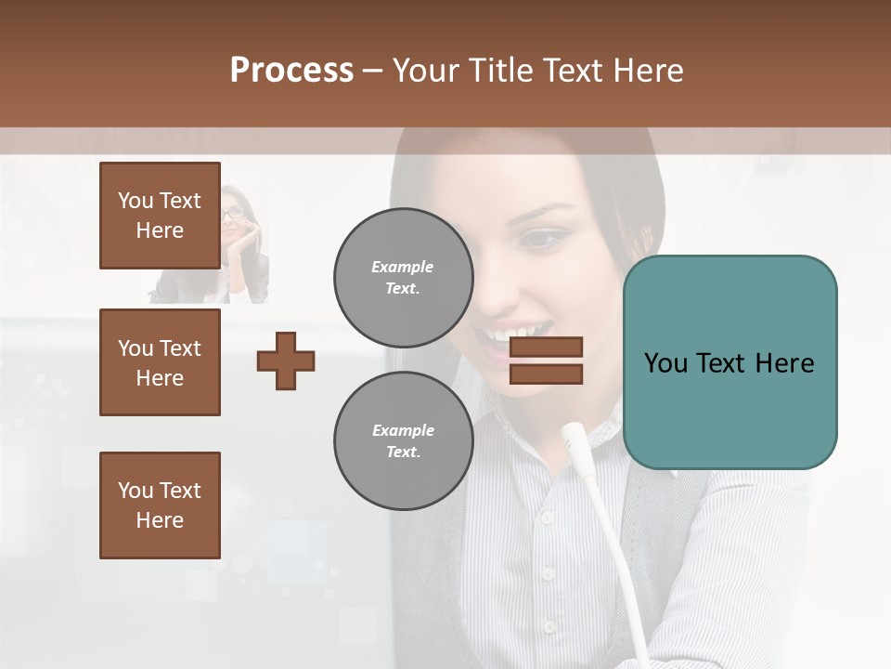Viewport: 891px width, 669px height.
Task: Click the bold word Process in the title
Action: pos(291,70)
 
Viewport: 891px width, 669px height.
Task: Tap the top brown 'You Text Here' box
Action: pos(160,216)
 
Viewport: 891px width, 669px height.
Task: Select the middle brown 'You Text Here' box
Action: pos(160,362)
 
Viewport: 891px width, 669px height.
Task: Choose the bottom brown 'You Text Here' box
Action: pos(160,505)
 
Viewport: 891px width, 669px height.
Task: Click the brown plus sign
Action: pos(285,361)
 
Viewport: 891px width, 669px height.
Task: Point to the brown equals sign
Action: pos(546,361)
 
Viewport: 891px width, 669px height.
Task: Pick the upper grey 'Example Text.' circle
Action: pos(403,277)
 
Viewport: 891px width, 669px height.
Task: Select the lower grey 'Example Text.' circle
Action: pos(403,440)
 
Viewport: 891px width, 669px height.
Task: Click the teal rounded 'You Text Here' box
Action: pos(730,361)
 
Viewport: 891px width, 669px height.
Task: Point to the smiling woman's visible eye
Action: pos(540,239)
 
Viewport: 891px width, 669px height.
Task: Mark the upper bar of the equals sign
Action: pos(546,348)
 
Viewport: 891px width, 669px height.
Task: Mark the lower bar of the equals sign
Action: pos(546,374)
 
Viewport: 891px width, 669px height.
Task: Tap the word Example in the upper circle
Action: pos(403,267)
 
